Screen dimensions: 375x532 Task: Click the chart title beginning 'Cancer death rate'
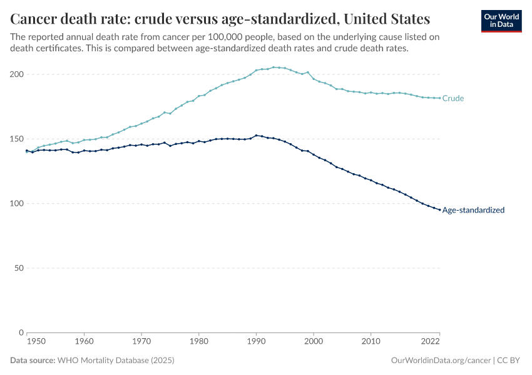click(220, 17)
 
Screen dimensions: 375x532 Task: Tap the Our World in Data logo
click(501, 20)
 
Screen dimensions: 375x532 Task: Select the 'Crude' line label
click(453, 98)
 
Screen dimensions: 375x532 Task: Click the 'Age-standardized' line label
click(473, 210)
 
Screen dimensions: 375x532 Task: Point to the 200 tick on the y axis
click(17, 74)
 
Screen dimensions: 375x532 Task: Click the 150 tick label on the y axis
click(17, 139)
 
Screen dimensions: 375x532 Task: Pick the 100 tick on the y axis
click(17, 204)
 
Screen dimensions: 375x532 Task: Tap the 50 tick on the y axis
click(19, 268)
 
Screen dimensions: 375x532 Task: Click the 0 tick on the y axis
click(21, 332)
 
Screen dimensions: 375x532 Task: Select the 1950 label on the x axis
click(36, 342)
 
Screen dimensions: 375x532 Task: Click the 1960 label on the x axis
click(84, 342)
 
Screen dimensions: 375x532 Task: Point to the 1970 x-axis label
click(141, 342)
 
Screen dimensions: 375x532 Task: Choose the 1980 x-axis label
click(198, 342)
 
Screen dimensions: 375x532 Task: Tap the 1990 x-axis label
click(256, 342)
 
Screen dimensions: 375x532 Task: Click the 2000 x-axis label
click(314, 342)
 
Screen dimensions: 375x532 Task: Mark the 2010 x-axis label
click(371, 342)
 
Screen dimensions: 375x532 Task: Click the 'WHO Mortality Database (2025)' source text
click(115, 361)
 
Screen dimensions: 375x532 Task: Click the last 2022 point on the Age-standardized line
click(439, 209)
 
